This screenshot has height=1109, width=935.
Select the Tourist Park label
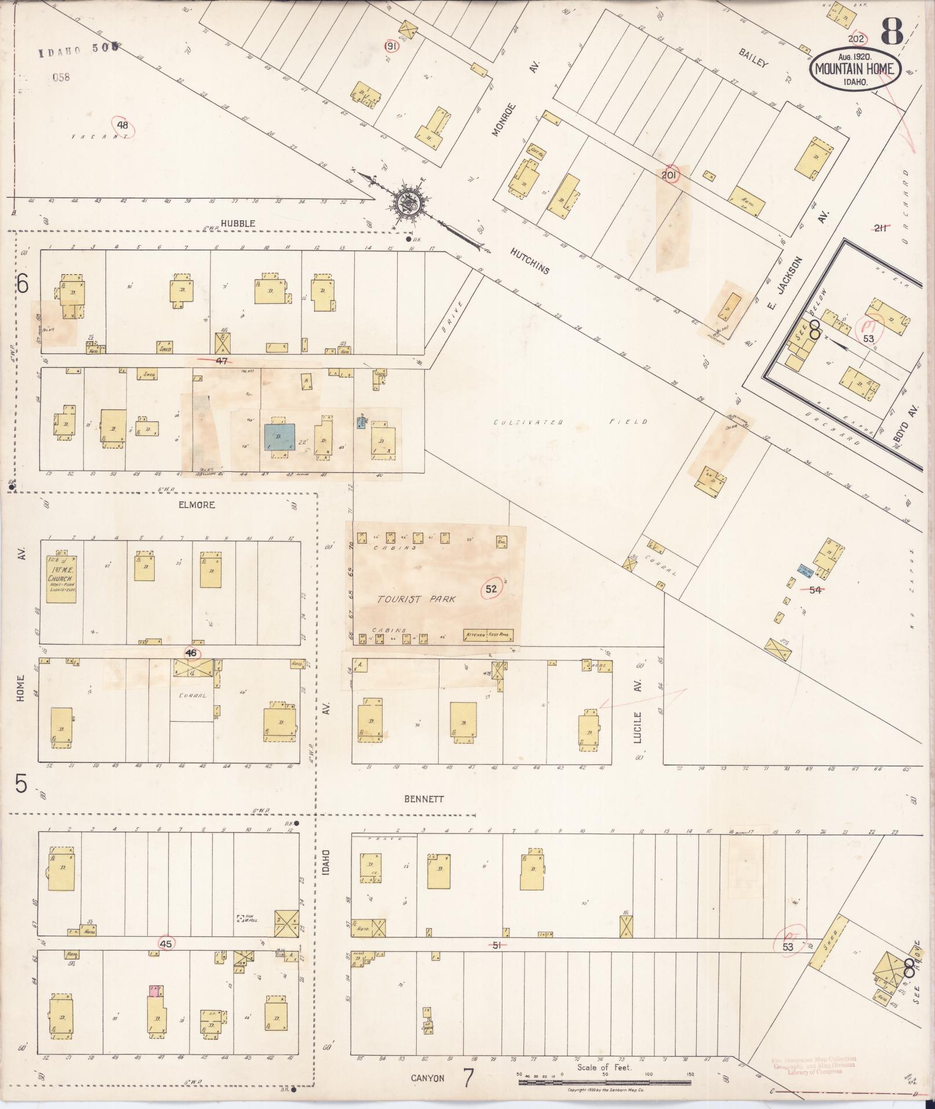coord(416,599)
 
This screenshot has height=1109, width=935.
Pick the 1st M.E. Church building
coord(61,579)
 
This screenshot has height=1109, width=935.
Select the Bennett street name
coord(423,798)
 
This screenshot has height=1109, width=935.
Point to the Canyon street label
coord(428,1078)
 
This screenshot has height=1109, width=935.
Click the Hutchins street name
coord(530,262)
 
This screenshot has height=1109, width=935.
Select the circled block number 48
coord(122,125)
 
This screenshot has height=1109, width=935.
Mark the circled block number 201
coord(670,174)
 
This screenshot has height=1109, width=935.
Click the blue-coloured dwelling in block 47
coord(279,437)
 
